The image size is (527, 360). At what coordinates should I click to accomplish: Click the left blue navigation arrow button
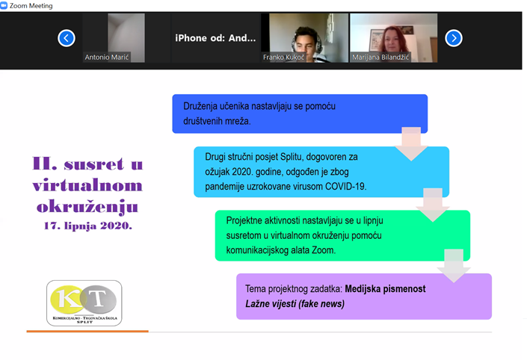[x=67, y=38]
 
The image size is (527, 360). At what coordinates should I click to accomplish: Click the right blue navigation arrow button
[x=454, y=38]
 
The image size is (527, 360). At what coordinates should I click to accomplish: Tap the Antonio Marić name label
[x=107, y=57]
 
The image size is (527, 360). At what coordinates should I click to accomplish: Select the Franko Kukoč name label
[x=283, y=57]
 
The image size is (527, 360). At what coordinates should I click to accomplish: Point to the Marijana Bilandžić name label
[x=380, y=57]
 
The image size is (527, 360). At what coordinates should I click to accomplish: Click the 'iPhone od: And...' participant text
[x=215, y=38]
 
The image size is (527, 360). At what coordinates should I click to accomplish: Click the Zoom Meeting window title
[x=31, y=6]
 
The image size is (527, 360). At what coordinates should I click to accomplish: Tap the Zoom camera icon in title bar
[x=4, y=6]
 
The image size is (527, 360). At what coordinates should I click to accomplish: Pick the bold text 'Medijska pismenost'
[x=385, y=289]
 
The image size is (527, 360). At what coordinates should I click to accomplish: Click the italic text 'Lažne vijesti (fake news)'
[x=295, y=304]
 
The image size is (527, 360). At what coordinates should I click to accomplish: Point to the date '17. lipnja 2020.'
[x=88, y=226]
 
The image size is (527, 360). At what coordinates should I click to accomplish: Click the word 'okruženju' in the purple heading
[x=87, y=207]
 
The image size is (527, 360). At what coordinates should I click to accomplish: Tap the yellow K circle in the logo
[x=67, y=300]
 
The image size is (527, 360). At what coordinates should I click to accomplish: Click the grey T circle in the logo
[x=99, y=300]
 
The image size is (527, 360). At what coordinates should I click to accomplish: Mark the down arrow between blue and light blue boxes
[x=411, y=143]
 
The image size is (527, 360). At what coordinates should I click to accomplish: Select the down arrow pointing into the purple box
[x=454, y=266]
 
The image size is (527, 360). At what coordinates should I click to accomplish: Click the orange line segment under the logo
[x=87, y=332]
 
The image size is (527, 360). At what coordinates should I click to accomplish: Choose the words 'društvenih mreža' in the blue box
[x=217, y=121]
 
